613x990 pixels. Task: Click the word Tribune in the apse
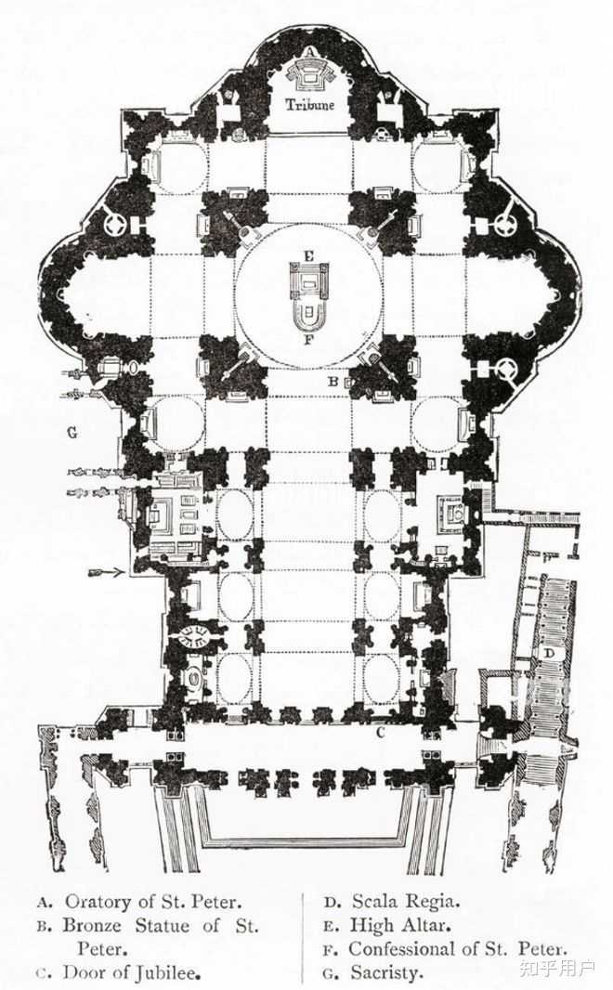pos(309,106)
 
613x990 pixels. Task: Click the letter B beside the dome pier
pos(332,381)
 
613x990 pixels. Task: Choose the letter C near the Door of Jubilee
pos(380,732)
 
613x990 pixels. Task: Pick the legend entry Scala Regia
pos(405,901)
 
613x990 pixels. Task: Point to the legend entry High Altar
pos(399,925)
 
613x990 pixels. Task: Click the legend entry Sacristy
pos(386,973)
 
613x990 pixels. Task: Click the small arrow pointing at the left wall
pos(107,573)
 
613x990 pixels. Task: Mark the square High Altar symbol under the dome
pos(309,280)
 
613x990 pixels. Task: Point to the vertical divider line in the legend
pos(303,938)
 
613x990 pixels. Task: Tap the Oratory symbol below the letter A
pos(309,72)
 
